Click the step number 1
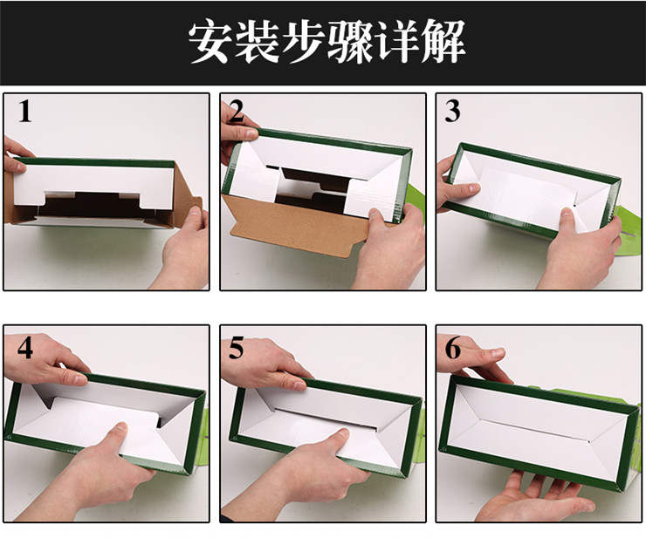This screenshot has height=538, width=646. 24,112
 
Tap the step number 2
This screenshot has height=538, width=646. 235,113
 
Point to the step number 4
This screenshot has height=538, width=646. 24,347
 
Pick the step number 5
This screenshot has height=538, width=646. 237,347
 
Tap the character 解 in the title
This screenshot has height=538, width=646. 436,41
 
